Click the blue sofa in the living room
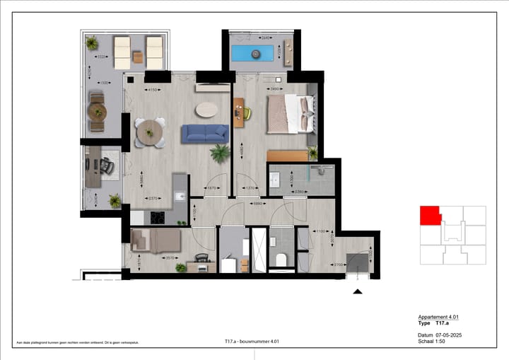(x=204, y=133)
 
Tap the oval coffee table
(x=207, y=109)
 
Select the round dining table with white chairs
(x=150, y=132)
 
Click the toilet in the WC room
(x=282, y=260)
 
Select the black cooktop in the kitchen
(x=158, y=218)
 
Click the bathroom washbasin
(x=276, y=180)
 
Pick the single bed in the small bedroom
(x=157, y=241)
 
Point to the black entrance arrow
(x=358, y=291)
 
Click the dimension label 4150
(x=151, y=90)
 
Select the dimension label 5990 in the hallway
(x=259, y=204)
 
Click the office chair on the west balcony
(x=107, y=166)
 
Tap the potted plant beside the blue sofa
(x=221, y=152)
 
